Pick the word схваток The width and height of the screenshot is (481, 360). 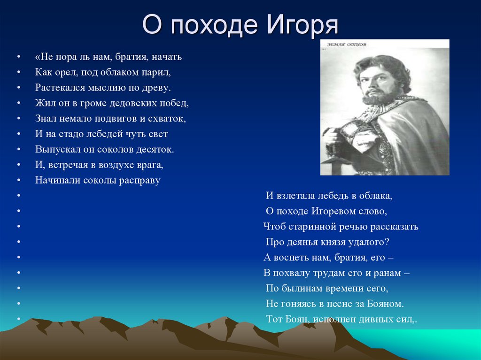click(169, 119)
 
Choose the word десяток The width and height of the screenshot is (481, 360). click(156, 149)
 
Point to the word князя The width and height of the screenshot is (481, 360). click(345, 242)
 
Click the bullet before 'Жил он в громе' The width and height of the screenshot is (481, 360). click(18, 103)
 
